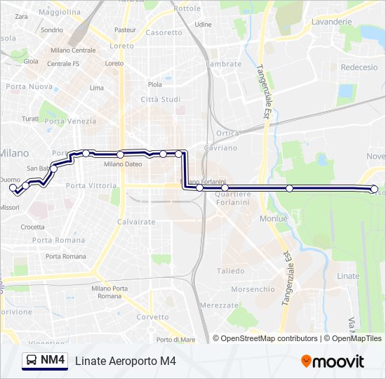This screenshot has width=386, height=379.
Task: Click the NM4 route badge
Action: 45,361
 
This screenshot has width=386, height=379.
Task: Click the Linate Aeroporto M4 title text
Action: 125,361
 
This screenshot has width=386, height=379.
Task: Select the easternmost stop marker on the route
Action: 374,189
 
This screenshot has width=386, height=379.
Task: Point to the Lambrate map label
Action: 224,64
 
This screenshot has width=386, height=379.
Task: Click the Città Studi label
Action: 161,100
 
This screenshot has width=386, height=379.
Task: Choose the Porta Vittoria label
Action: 91,185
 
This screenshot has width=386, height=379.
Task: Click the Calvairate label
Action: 136,222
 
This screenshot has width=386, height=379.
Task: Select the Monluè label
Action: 274,219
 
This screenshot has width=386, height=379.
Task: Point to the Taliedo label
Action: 231,271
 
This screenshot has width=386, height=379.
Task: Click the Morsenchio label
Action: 253,289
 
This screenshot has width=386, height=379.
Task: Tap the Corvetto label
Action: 152,317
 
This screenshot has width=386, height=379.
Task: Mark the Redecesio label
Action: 359,67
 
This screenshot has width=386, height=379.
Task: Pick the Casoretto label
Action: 164,32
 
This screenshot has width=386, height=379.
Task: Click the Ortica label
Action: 228,133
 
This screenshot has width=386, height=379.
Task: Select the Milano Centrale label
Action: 73,51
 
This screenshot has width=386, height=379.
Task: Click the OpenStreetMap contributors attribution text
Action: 269,338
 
